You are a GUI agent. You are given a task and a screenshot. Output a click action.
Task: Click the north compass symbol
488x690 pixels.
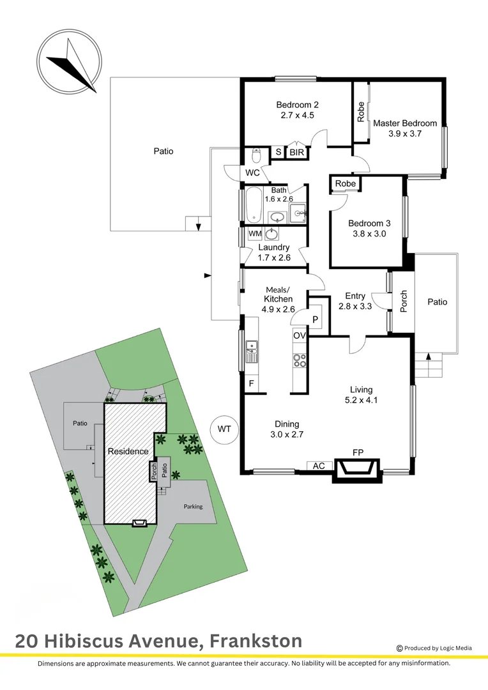tap(69, 61)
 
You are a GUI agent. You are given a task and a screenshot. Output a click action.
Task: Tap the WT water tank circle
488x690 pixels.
tap(224, 429)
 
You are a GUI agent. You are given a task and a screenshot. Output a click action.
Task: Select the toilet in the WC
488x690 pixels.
tap(255, 155)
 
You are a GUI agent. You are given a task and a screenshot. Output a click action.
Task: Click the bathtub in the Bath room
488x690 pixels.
tap(253, 204)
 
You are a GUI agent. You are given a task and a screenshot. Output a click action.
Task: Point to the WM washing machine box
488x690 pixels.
tap(255, 234)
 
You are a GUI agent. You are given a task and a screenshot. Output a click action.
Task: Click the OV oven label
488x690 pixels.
tap(299, 335)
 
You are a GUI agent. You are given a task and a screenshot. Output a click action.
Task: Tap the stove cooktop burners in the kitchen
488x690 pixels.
tap(300, 360)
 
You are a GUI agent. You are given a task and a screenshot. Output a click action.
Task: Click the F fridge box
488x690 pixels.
tap(252, 383)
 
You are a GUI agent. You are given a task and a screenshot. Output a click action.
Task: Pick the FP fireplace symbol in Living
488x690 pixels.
tap(357, 470)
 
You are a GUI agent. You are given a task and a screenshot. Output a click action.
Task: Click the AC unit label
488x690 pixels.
tap(319, 466)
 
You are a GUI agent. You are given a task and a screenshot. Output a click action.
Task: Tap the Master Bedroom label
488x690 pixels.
tap(405, 123)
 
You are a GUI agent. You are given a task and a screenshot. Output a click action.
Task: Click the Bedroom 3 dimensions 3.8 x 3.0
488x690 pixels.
tap(369, 234)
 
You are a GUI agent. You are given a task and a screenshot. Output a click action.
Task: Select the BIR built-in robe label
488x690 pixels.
tap(297, 152)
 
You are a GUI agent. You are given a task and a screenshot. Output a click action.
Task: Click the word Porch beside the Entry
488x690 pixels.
tap(404, 302)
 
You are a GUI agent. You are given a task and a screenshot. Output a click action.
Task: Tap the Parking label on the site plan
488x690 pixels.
tap(193, 507)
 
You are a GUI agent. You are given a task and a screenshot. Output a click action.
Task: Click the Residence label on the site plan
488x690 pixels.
tap(128, 451)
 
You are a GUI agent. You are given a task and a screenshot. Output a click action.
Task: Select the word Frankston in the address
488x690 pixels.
tap(256, 641)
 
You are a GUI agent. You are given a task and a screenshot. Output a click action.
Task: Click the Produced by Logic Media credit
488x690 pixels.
tap(434, 648)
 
